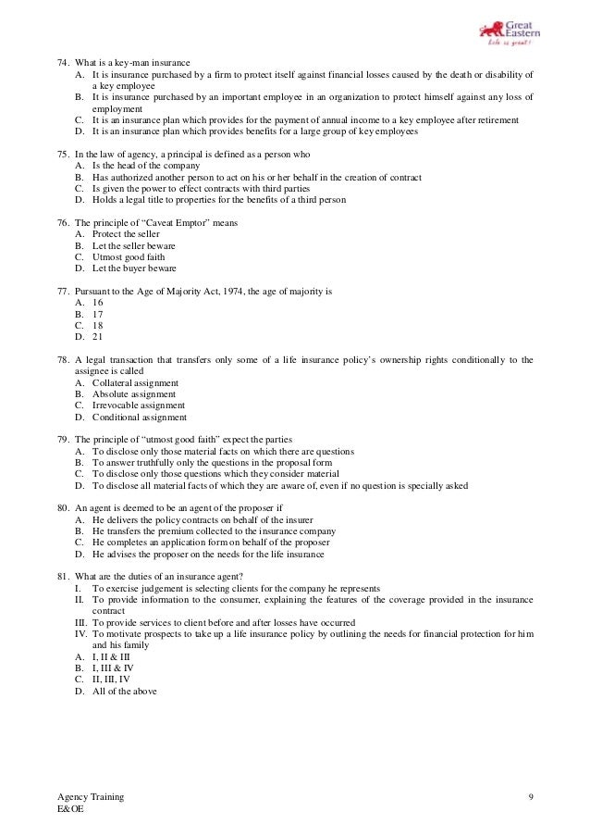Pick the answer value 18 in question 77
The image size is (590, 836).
(98, 325)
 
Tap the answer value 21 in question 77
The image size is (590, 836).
(98, 336)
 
